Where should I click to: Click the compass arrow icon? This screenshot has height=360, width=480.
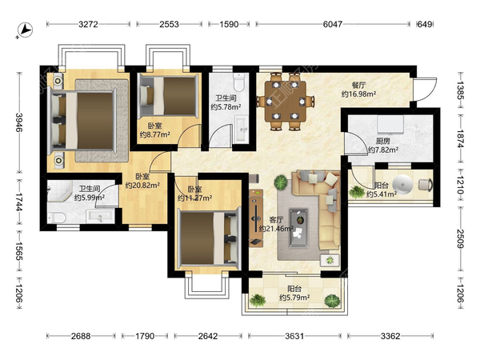pos(25,30)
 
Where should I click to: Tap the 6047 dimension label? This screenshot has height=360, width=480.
pos(333,24)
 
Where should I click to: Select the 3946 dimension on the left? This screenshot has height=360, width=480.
pos(19,122)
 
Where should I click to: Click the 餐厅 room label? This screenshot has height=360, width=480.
pos(358,86)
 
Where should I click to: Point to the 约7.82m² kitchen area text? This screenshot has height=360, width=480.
pos(383,150)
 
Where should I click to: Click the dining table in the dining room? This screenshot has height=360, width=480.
pos(286,101)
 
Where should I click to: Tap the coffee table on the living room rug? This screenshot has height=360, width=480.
pos(298,227)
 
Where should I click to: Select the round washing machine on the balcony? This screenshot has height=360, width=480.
pos(402,186)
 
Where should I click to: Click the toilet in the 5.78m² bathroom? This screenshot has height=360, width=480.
pos(238,82)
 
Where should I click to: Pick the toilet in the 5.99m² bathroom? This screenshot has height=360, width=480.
pos(57,218)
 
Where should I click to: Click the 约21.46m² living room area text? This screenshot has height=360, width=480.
pos(277,229)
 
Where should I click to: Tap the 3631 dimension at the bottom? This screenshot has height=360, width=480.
pos(294,336)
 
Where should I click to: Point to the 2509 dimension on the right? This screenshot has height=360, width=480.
pos(461,238)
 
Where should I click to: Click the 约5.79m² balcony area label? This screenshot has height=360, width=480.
pos(294,298)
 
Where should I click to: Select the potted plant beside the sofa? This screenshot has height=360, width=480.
pos(281,182)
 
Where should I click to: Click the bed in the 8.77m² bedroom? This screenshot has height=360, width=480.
pos(168,96)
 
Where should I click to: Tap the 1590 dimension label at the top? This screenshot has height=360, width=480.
pos(229,24)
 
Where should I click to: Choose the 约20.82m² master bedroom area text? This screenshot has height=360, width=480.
pos(142,186)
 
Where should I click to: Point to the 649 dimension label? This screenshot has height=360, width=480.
pos(425,24)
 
